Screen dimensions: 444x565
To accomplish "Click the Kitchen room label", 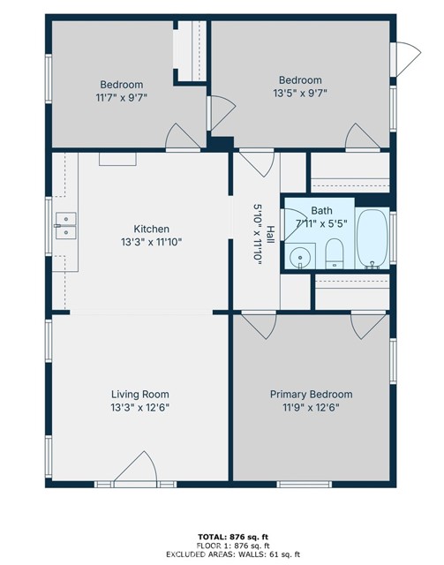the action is tap(151, 229).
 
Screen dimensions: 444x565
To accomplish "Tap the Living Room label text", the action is tap(139, 395).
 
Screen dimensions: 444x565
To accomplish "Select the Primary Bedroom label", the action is tap(312, 395).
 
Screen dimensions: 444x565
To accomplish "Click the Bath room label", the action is tap(321, 210).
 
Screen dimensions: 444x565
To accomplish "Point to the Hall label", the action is tap(270, 234).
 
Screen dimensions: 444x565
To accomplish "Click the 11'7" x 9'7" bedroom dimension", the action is tap(122, 98).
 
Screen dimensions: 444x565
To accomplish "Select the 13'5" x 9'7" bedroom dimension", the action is tap(300, 94).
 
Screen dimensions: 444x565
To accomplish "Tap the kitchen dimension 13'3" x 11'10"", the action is tap(151, 242).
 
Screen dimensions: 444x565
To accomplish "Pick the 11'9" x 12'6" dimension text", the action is tap(311, 408).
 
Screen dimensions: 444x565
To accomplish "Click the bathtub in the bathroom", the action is tap(373, 239).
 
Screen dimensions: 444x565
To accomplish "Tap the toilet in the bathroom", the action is tap(335, 253).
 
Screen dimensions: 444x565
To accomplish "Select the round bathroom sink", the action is tap(300, 257).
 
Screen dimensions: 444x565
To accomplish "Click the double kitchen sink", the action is tap(66, 226).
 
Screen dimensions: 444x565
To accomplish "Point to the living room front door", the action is tap(136, 469).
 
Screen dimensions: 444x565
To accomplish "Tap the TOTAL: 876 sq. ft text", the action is tap(233, 538).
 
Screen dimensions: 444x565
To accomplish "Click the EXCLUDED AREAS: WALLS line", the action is tap(233, 554).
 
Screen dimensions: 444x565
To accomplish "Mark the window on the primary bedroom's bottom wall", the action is tap(305, 485).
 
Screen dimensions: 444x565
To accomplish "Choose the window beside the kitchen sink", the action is tap(49, 226).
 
